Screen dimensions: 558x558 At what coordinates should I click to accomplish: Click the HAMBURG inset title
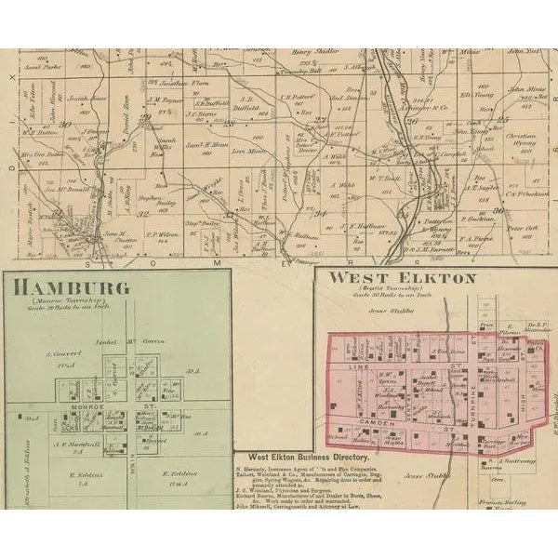click(x=70, y=285)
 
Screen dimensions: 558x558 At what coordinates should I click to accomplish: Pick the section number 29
click(x=144, y=119)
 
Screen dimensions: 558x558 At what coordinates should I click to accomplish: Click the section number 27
click(x=321, y=119)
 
